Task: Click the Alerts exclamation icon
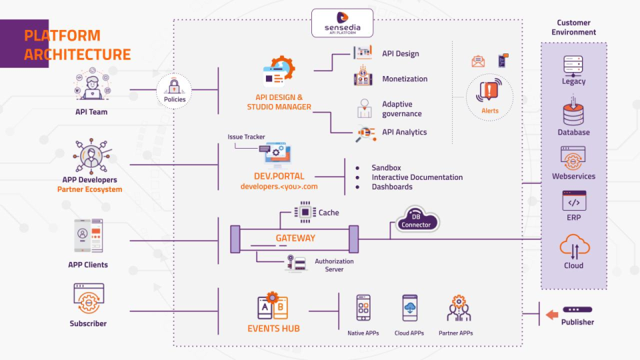(x=489, y=91)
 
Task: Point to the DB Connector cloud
(x=417, y=220)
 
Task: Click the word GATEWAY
(x=295, y=238)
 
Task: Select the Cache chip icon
(x=305, y=212)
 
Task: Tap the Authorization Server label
(x=334, y=265)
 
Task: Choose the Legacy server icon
(x=573, y=65)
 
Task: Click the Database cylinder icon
(x=573, y=113)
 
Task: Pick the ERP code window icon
(x=573, y=201)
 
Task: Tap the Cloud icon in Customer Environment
(x=573, y=248)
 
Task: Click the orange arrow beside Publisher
(x=551, y=315)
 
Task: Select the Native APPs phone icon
(x=363, y=309)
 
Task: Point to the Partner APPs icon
(x=458, y=309)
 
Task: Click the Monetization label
(x=405, y=79)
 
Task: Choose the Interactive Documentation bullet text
(x=417, y=177)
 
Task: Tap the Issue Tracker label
(x=246, y=137)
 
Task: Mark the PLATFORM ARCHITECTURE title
(x=77, y=45)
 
